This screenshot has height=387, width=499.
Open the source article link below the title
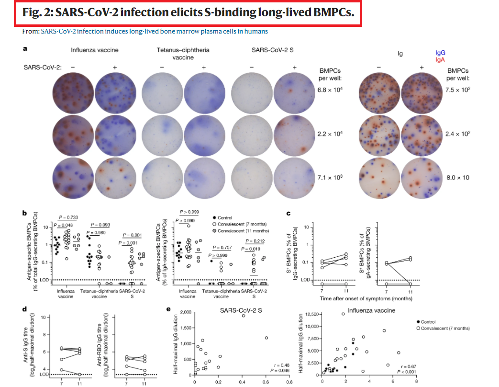pyautogui.click(x=154, y=31)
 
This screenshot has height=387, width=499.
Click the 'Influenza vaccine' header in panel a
pyautogui.click(x=95, y=50)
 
